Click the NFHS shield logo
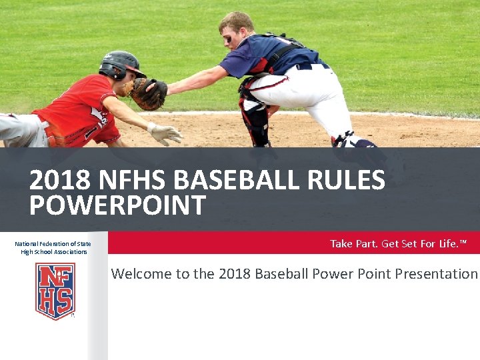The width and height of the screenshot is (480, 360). click(55, 291)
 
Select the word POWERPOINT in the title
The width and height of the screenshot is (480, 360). click(117, 206)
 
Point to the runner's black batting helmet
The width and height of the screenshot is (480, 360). click(120, 64)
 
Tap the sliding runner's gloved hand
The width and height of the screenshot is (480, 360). click(164, 132)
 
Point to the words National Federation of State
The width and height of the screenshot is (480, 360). click(53, 244)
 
